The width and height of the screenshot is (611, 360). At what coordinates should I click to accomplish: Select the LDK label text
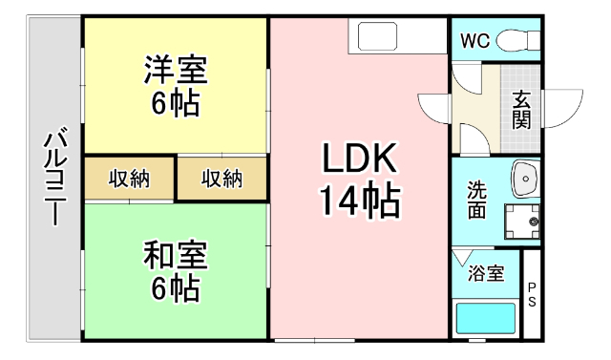pos(358,158)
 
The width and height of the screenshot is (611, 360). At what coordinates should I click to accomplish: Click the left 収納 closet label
pos(129,179)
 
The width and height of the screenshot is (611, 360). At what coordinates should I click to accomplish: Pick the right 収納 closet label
pos(221,179)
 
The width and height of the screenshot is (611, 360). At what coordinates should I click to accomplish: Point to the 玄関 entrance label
pos(522,109)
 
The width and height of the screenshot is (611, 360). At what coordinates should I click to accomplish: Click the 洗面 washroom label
pos(476,201)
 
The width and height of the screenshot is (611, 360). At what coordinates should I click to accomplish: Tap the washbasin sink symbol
pos(524,177)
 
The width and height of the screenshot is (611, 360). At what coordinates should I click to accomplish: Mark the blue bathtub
pos(486,317)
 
